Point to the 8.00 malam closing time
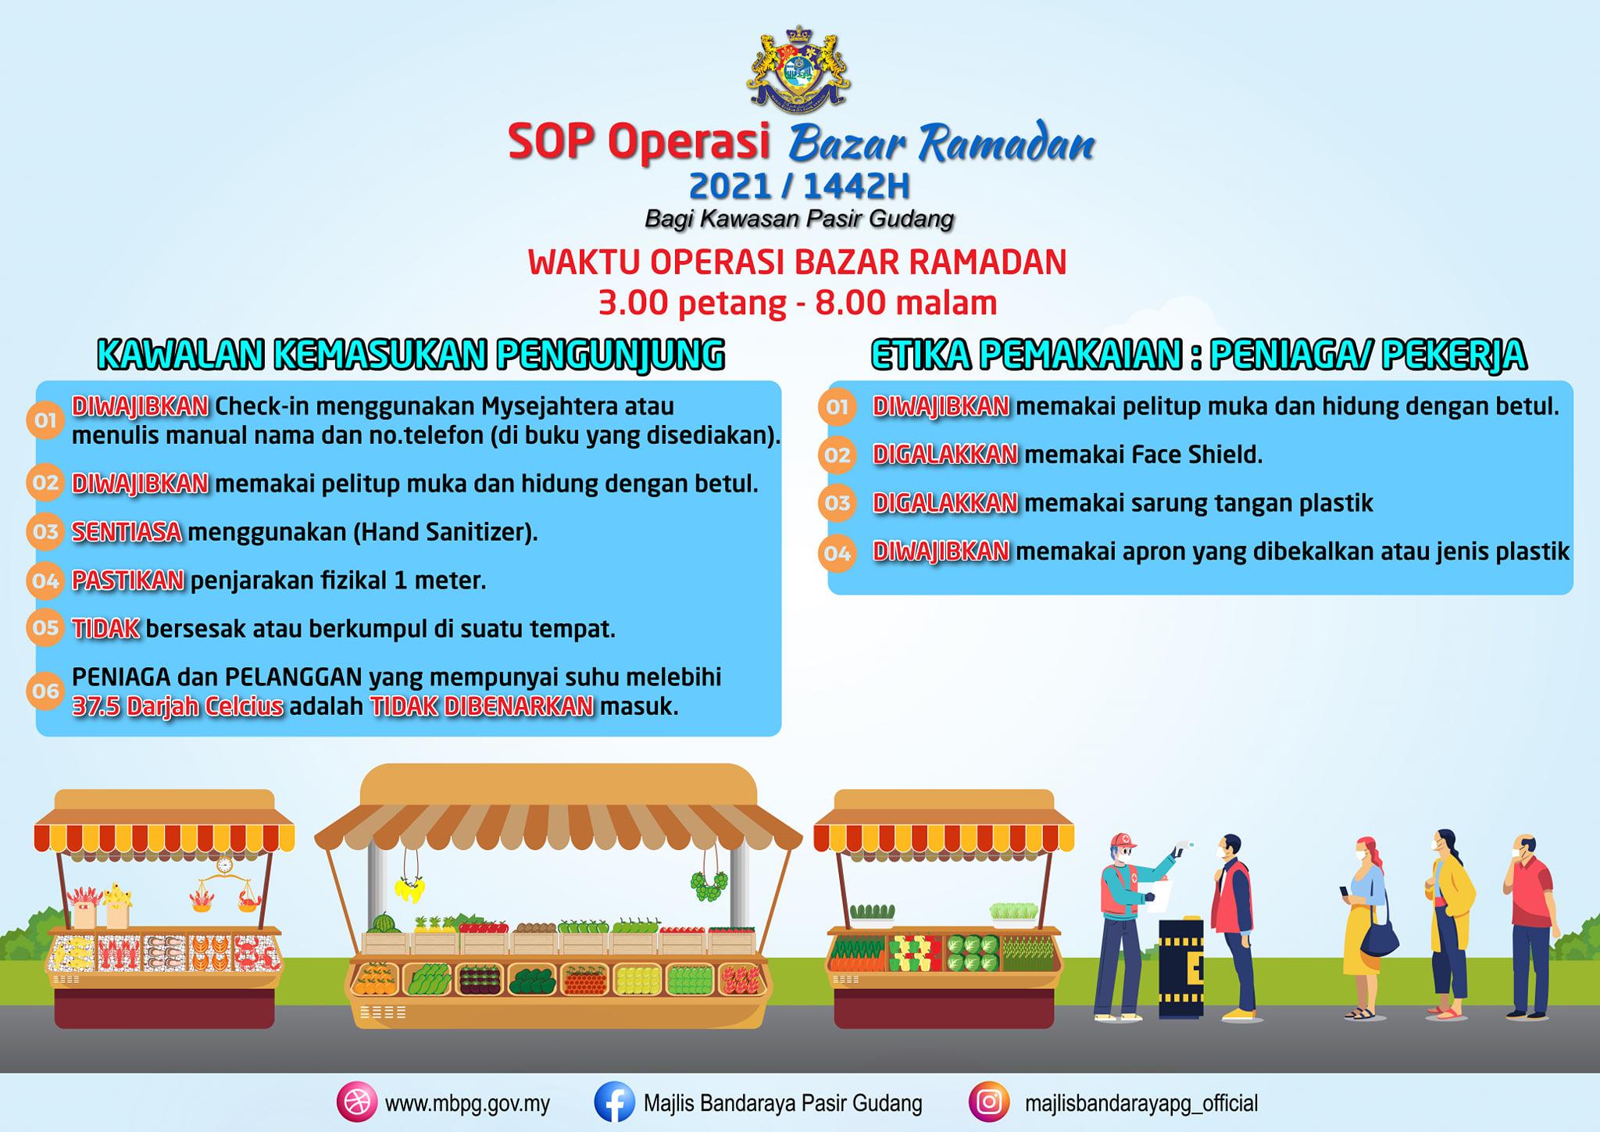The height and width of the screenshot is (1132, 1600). pos(906,302)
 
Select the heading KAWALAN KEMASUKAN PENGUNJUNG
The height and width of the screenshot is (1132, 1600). pos(411,355)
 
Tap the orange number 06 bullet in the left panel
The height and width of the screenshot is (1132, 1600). pos(45,691)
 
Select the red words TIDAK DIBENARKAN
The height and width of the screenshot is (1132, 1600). pos(482,706)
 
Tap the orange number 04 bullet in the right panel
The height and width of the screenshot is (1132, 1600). pos(837,554)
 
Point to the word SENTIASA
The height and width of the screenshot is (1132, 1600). pos(127,532)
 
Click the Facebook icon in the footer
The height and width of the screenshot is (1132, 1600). pos(614,1103)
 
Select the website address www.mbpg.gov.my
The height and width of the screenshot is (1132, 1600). pos(467,1104)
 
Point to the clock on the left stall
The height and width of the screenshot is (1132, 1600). pos(225,865)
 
